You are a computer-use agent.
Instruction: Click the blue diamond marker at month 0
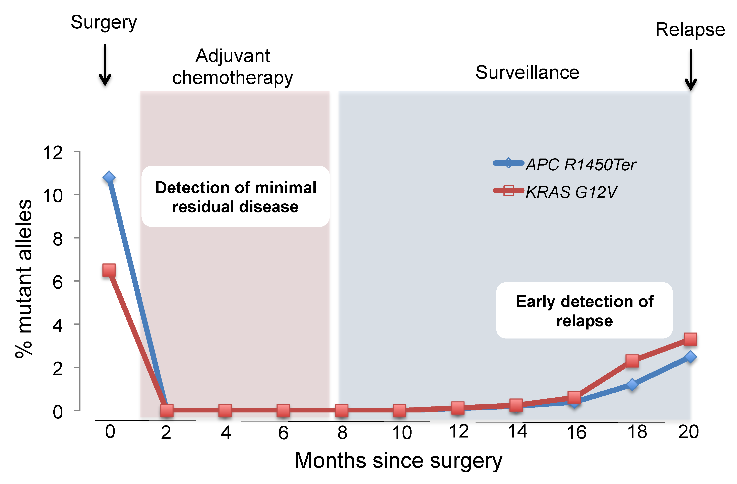pyautogui.click(x=109, y=178)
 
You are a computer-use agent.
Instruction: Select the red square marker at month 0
pyautogui.click(x=109, y=270)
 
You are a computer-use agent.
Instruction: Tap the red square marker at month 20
pyautogui.click(x=690, y=339)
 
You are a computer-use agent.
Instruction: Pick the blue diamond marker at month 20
pyautogui.click(x=690, y=357)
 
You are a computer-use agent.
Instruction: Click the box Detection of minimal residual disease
pyautogui.click(x=235, y=197)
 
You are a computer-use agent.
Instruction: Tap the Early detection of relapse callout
pyautogui.click(x=584, y=310)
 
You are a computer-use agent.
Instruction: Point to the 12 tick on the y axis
pyautogui.click(x=53, y=153)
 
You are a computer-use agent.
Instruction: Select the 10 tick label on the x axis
pyautogui.click(x=402, y=432)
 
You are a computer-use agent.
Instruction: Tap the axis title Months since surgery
pyautogui.click(x=398, y=461)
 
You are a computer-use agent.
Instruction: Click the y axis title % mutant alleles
pyautogui.click(x=24, y=278)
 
